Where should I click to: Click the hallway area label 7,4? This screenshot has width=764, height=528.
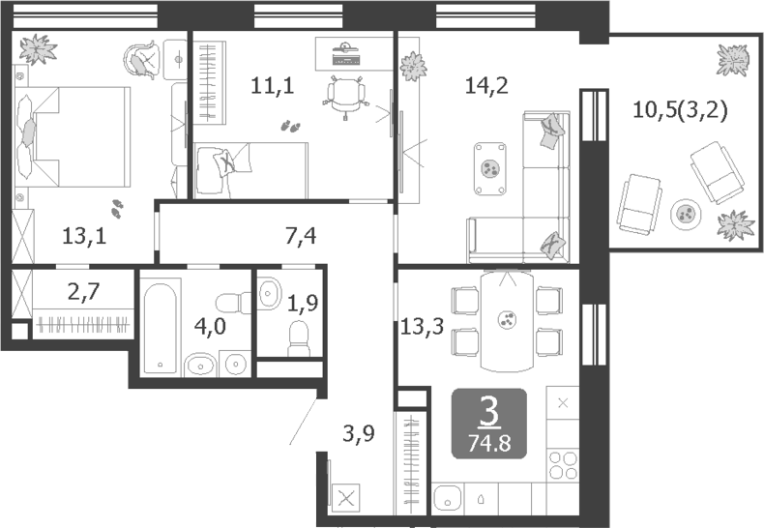point(301,234)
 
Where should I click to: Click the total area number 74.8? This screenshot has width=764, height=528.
point(489,443)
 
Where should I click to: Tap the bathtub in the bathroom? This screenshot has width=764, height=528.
point(161,327)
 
